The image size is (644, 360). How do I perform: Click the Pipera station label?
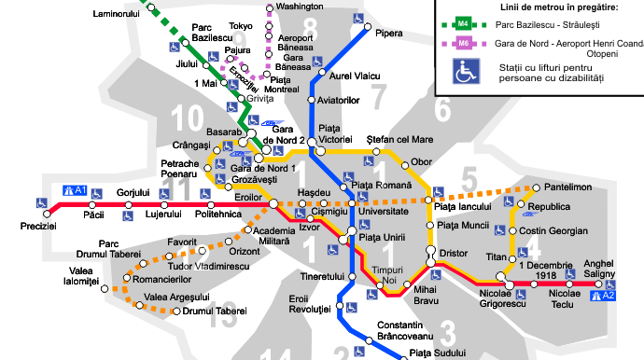tap(389, 34)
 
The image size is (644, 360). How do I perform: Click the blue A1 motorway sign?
tap(75, 191)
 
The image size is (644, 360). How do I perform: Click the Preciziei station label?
tap(38, 227)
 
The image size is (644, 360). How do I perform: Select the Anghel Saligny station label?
tap(599, 268)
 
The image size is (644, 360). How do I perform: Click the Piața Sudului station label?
tap(438, 353)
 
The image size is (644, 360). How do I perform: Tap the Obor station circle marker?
tap(404, 162)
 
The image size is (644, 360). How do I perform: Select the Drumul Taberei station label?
tap(215, 311)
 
